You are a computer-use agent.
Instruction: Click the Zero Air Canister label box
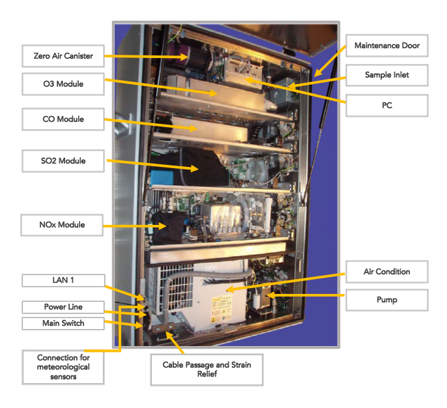click(x=63, y=56)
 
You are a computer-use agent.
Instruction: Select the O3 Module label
click(x=63, y=84)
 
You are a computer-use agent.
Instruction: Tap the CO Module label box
click(x=63, y=119)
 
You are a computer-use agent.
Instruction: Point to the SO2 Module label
click(x=63, y=161)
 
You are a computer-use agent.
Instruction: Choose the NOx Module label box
click(x=63, y=226)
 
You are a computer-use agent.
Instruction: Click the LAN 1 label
click(x=63, y=280)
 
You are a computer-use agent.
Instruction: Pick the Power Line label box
click(x=63, y=306)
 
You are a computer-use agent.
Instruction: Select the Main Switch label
click(x=63, y=323)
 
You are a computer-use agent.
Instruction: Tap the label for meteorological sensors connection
click(x=63, y=367)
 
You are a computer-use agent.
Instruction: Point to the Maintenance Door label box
click(x=387, y=46)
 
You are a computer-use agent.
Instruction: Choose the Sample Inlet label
click(x=387, y=76)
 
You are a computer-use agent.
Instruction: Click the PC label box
click(x=387, y=106)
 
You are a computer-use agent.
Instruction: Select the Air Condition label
click(x=387, y=271)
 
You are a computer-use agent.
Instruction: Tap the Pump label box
click(x=387, y=300)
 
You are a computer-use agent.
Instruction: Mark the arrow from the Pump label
click(x=306, y=299)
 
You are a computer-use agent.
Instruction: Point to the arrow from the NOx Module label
click(x=133, y=226)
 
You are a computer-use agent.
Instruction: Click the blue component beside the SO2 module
click(x=158, y=178)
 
